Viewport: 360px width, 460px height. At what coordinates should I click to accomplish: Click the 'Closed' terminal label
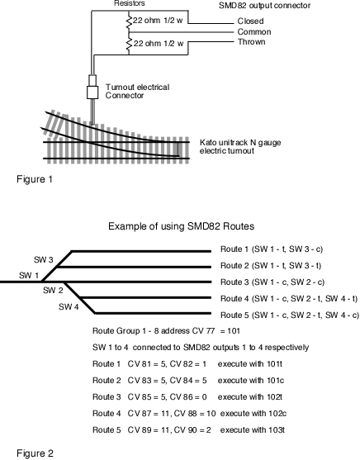pos(250,21)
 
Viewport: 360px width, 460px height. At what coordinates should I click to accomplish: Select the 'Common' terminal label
pos(254,31)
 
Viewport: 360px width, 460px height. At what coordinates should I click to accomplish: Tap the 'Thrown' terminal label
pos(252,42)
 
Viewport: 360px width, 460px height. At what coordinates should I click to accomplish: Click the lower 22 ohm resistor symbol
pos(129,44)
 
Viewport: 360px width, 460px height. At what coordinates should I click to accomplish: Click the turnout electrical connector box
pos(92,92)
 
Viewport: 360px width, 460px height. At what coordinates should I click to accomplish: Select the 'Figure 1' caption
pos(35,179)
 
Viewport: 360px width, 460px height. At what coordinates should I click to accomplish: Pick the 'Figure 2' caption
pos(36,453)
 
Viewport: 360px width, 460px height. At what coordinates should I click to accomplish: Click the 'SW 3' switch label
pos(44,259)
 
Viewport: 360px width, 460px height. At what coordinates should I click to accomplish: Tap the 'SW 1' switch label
pos(29,276)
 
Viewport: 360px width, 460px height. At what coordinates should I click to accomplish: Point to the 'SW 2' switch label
pos(53,291)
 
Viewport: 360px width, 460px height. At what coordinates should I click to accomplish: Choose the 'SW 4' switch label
pos(69,307)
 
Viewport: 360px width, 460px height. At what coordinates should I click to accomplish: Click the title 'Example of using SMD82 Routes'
pos(182,226)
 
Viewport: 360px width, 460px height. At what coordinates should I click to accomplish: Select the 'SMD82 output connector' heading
pos(265,6)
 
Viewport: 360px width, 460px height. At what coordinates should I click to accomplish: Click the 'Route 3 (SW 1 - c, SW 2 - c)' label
pos(272,282)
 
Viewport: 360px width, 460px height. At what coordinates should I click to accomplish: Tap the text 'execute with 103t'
pos(253,430)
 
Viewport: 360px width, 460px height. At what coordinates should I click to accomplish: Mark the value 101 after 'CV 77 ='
pos(234,331)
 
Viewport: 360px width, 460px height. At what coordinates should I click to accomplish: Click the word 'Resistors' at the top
pos(130,3)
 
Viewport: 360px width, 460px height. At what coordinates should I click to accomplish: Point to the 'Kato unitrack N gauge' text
pos(240,143)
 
